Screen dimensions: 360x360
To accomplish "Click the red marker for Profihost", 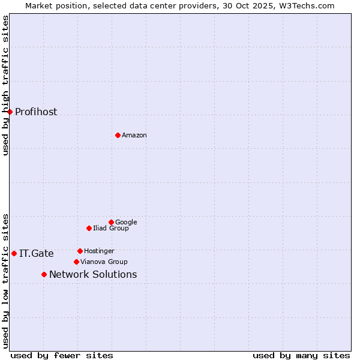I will tap(10, 112).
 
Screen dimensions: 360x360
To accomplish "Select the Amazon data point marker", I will tap(118, 135).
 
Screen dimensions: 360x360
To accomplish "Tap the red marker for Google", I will tap(111, 222).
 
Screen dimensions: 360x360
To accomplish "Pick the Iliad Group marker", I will tap(89, 228).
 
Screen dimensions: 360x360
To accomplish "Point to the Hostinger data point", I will tap(80, 251).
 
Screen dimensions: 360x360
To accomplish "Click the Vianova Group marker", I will tap(76, 262).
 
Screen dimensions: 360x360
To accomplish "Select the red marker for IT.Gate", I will tap(14, 253).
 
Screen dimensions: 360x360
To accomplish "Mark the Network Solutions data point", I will tap(44, 274).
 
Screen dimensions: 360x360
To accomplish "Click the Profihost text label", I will tap(36, 112).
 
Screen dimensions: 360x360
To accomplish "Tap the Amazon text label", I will tap(134, 136).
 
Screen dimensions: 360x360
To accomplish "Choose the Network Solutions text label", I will tap(93, 275).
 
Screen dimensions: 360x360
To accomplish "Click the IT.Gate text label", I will tap(37, 254).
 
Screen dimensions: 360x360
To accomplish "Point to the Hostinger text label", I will tap(99, 251).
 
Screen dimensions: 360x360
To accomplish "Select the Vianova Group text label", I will tap(104, 262).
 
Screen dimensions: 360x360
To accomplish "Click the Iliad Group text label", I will tap(111, 229).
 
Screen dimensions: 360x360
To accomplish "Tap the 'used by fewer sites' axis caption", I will tap(62, 355).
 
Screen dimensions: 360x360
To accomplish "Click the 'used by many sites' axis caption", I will tap(301, 355).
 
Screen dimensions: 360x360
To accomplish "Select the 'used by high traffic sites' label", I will tap(5, 85).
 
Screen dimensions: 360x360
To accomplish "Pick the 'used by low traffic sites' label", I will tap(5, 281).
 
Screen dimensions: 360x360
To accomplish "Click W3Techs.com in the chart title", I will tap(311, 5).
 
